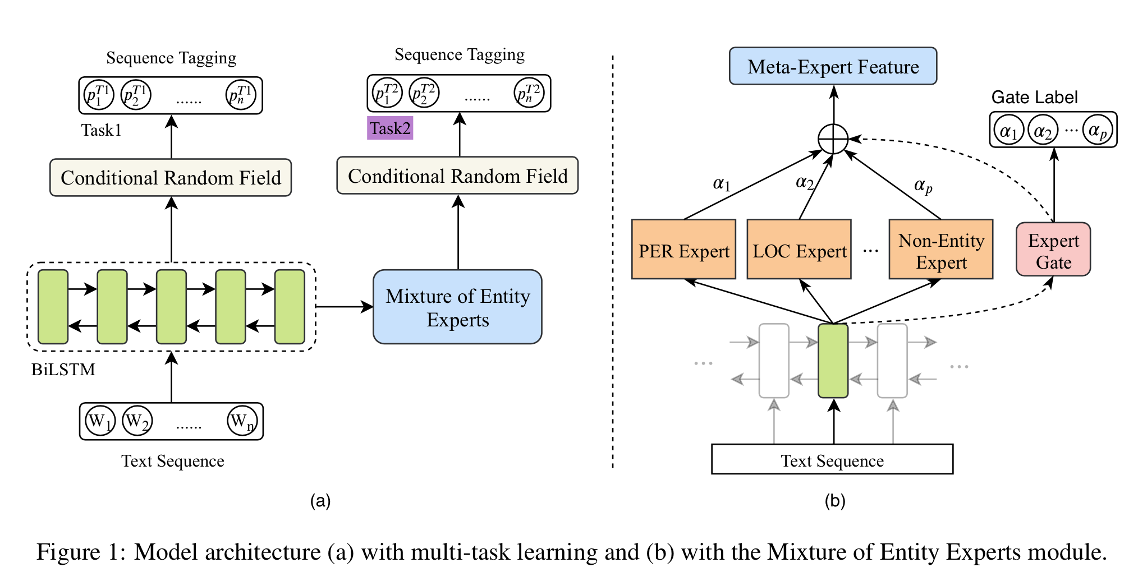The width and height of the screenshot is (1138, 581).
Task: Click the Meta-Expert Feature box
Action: (x=833, y=66)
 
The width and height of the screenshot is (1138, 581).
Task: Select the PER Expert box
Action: (x=683, y=250)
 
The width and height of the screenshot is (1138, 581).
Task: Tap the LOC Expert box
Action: (x=799, y=250)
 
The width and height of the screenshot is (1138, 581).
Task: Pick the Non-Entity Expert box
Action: (x=941, y=250)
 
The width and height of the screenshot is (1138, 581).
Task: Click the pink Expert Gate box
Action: (x=1053, y=250)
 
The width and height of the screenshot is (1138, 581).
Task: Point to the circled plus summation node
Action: (x=833, y=139)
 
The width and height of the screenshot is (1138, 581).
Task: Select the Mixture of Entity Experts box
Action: (x=457, y=307)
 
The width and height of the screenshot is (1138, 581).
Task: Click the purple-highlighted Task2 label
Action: (x=390, y=128)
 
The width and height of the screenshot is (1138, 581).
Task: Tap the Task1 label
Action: (x=101, y=130)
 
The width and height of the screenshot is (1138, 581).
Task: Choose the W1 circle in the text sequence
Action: (x=100, y=421)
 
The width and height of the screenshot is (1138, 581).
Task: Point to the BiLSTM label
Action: (x=63, y=370)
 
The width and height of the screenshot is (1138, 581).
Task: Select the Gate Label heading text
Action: (x=1034, y=97)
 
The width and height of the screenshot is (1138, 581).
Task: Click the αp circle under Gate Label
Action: (x=1098, y=131)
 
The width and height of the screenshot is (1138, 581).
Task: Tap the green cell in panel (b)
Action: (x=833, y=361)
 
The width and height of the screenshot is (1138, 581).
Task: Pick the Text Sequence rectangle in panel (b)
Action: (x=832, y=459)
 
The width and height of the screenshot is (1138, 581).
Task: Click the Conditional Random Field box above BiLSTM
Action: (x=171, y=178)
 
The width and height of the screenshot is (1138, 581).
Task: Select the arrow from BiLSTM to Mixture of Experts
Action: (x=344, y=307)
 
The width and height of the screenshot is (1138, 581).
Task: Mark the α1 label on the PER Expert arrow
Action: (x=721, y=183)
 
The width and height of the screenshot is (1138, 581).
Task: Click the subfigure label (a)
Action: (x=320, y=501)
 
